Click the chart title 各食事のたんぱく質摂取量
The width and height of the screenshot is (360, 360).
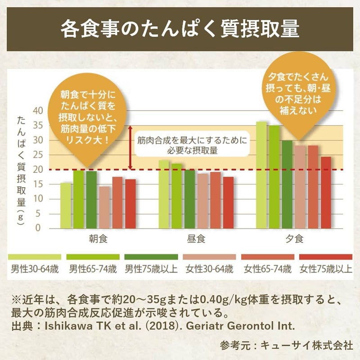click(180, 28)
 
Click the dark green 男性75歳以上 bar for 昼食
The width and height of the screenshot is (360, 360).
click(190, 199)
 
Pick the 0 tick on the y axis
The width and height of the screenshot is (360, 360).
click(38, 228)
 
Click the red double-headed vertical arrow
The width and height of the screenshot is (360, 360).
click(130, 148)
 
